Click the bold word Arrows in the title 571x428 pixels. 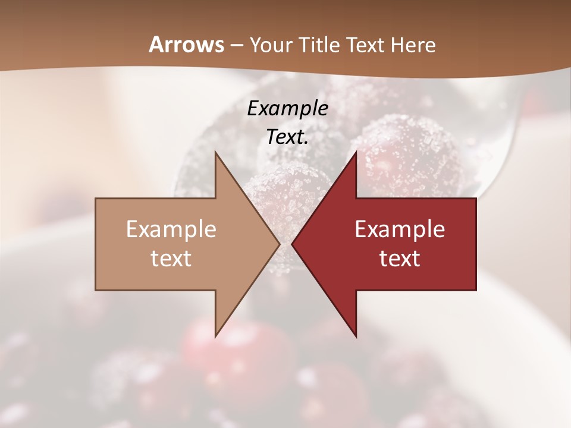(x=186, y=45)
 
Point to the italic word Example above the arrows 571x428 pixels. (x=287, y=109)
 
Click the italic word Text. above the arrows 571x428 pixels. (x=287, y=137)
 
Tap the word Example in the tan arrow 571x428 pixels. (x=171, y=229)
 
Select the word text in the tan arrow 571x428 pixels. (x=171, y=259)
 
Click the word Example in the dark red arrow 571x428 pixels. (x=400, y=229)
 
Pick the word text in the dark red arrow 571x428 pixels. (x=400, y=259)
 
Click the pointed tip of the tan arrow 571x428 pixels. (x=278, y=244)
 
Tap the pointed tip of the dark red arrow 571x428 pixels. (x=293, y=244)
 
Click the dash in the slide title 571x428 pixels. (x=237, y=45)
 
